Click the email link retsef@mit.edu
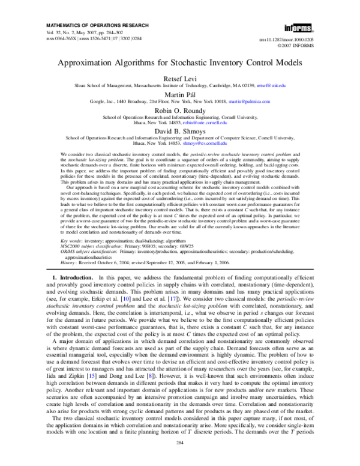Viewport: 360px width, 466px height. pos(283,86)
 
